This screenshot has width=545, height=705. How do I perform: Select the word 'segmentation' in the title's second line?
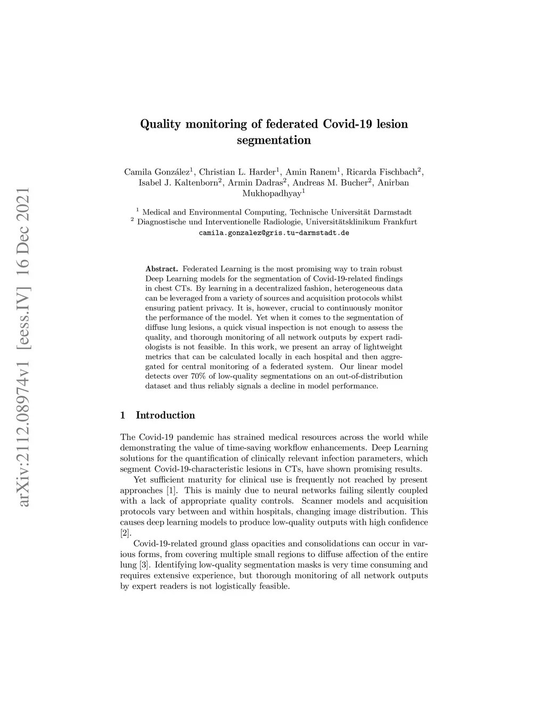(274, 140)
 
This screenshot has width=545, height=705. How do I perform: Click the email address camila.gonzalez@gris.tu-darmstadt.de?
(274, 233)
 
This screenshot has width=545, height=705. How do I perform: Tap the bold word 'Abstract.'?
(161, 269)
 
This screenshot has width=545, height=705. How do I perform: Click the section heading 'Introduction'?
(166, 415)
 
